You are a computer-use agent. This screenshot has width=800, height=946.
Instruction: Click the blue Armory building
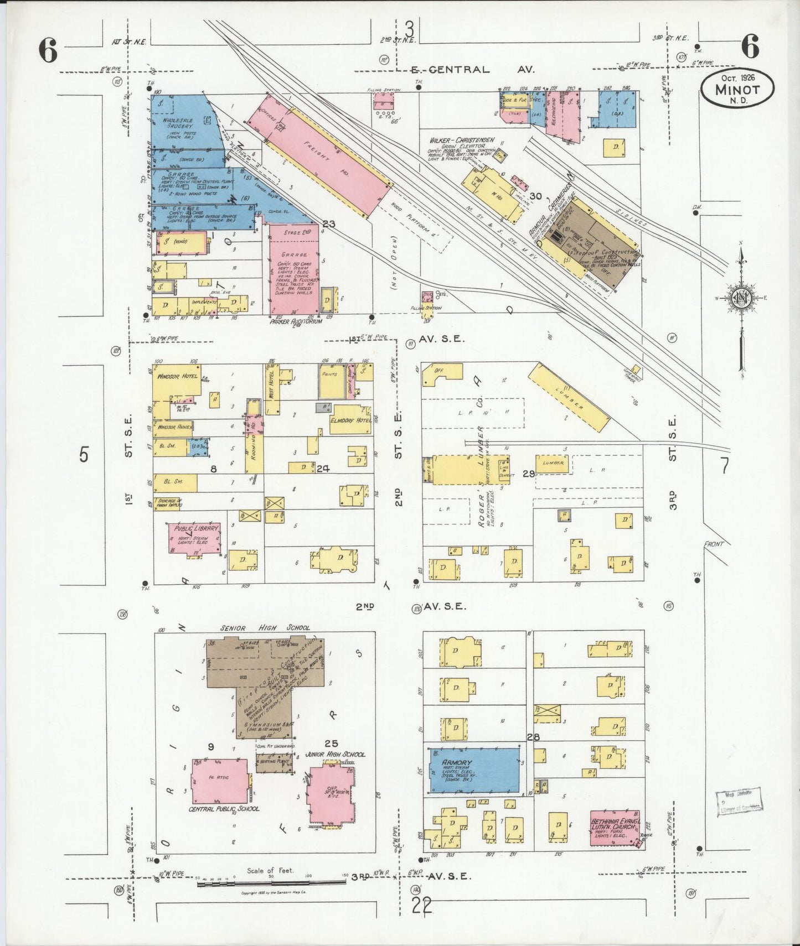click(474, 772)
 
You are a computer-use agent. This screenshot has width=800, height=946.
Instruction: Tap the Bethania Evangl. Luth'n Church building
click(615, 828)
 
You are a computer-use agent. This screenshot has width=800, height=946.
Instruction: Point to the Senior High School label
click(265, 628)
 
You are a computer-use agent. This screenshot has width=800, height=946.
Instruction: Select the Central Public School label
click(224, 808)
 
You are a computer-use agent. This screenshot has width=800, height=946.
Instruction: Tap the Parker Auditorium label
click(296, 321)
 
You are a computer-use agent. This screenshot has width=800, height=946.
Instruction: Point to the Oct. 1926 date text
click(737, 77)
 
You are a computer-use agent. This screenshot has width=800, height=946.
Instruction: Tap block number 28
click(533, 737)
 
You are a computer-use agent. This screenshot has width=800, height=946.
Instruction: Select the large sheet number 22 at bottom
click(421, 906)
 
